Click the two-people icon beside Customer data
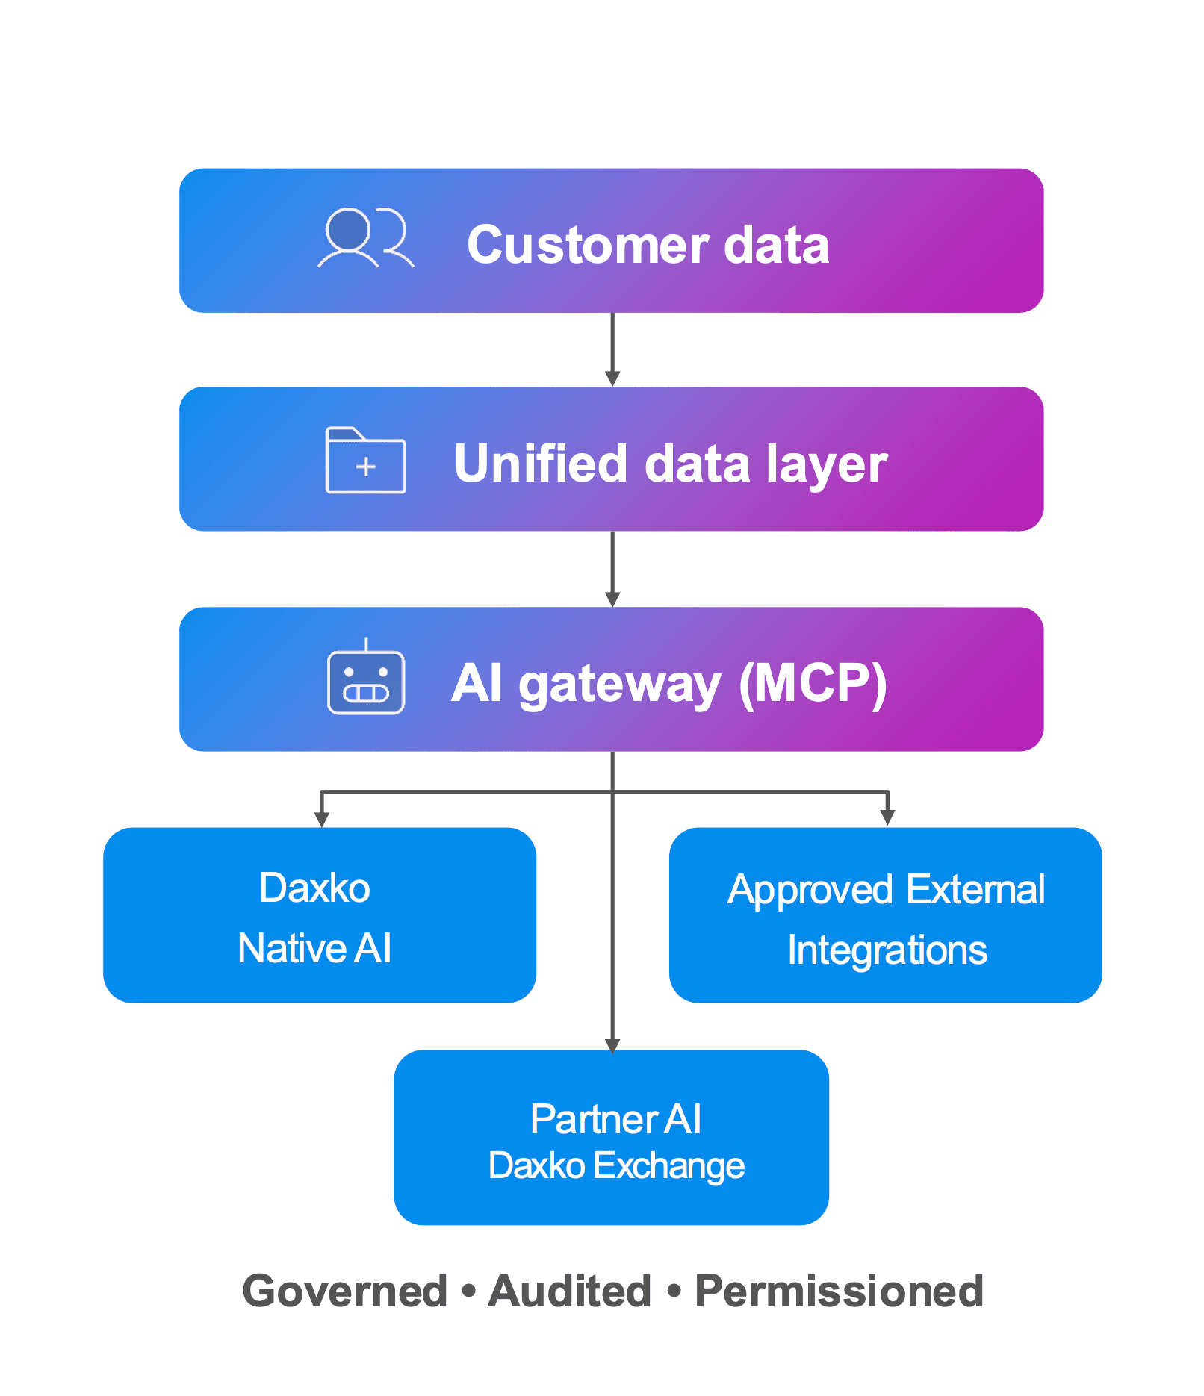coord(365,237)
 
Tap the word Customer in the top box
coord(586,246)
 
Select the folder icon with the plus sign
coord(365,461)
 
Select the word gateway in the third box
coord(619,685)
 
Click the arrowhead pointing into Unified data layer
coord(612,378)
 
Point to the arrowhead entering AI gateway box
coord(612,599)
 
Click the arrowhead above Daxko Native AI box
coord(321,819)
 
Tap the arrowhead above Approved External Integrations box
coord(887,817)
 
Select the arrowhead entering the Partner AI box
coord(612,1044)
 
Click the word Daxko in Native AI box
coord(314,888)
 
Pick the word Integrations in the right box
coord(887,950)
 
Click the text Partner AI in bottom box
coord(615,1119)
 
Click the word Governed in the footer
coord(344,1291)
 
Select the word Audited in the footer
coord(569,1291)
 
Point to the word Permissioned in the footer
coord(839,1291)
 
